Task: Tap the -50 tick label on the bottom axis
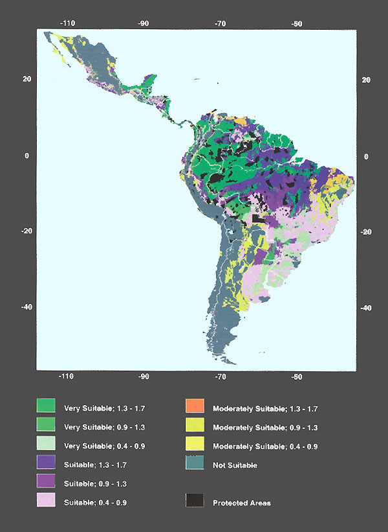[297, 376]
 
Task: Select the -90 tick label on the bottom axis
[144, 376]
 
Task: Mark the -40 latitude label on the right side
[365, 308]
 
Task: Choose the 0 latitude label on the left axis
[27, 156]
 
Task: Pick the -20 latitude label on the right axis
[365, 232]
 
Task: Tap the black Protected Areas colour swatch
[195, 500]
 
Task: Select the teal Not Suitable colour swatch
[195, 463]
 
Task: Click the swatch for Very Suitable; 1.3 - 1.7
[46, 407]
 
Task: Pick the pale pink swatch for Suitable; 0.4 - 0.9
[46, 500]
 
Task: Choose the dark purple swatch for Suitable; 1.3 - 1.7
[46, 463]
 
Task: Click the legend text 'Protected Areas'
[242, 503]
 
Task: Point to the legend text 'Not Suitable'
[236, 465]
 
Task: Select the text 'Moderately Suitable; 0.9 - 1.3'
[265, 428]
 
